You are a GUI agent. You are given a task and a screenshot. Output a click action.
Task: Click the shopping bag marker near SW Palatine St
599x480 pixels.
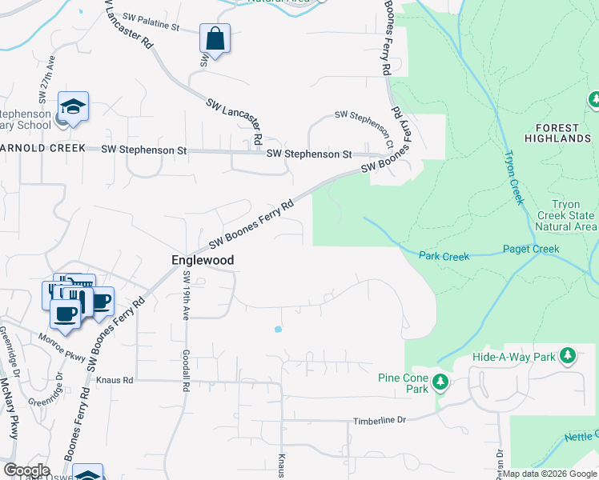[215, 38]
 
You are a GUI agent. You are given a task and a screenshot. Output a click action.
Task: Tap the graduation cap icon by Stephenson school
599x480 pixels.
[73, 107]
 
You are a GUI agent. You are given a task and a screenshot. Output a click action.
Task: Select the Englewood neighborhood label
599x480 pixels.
[203, 260]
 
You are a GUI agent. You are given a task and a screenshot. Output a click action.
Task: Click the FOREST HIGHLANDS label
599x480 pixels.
[558, 134]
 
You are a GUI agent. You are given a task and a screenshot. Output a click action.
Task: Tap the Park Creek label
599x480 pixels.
[444, 256]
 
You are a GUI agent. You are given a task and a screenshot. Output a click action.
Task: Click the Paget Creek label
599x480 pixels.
[531, 250]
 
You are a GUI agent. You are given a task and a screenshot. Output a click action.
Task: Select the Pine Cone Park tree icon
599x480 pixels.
[439, 383]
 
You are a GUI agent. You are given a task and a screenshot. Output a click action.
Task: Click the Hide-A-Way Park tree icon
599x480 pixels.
[567, 355]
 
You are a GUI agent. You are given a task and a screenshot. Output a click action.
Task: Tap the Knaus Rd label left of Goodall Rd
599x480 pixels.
[113, 381]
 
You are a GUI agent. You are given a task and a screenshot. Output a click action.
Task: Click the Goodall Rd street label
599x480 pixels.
[185, 372]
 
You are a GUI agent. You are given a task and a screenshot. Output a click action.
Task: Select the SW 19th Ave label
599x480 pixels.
[185, 296]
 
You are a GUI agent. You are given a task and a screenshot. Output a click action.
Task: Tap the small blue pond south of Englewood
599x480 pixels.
[278, 329]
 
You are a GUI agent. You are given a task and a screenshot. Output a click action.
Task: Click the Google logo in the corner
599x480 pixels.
[26, 470]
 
